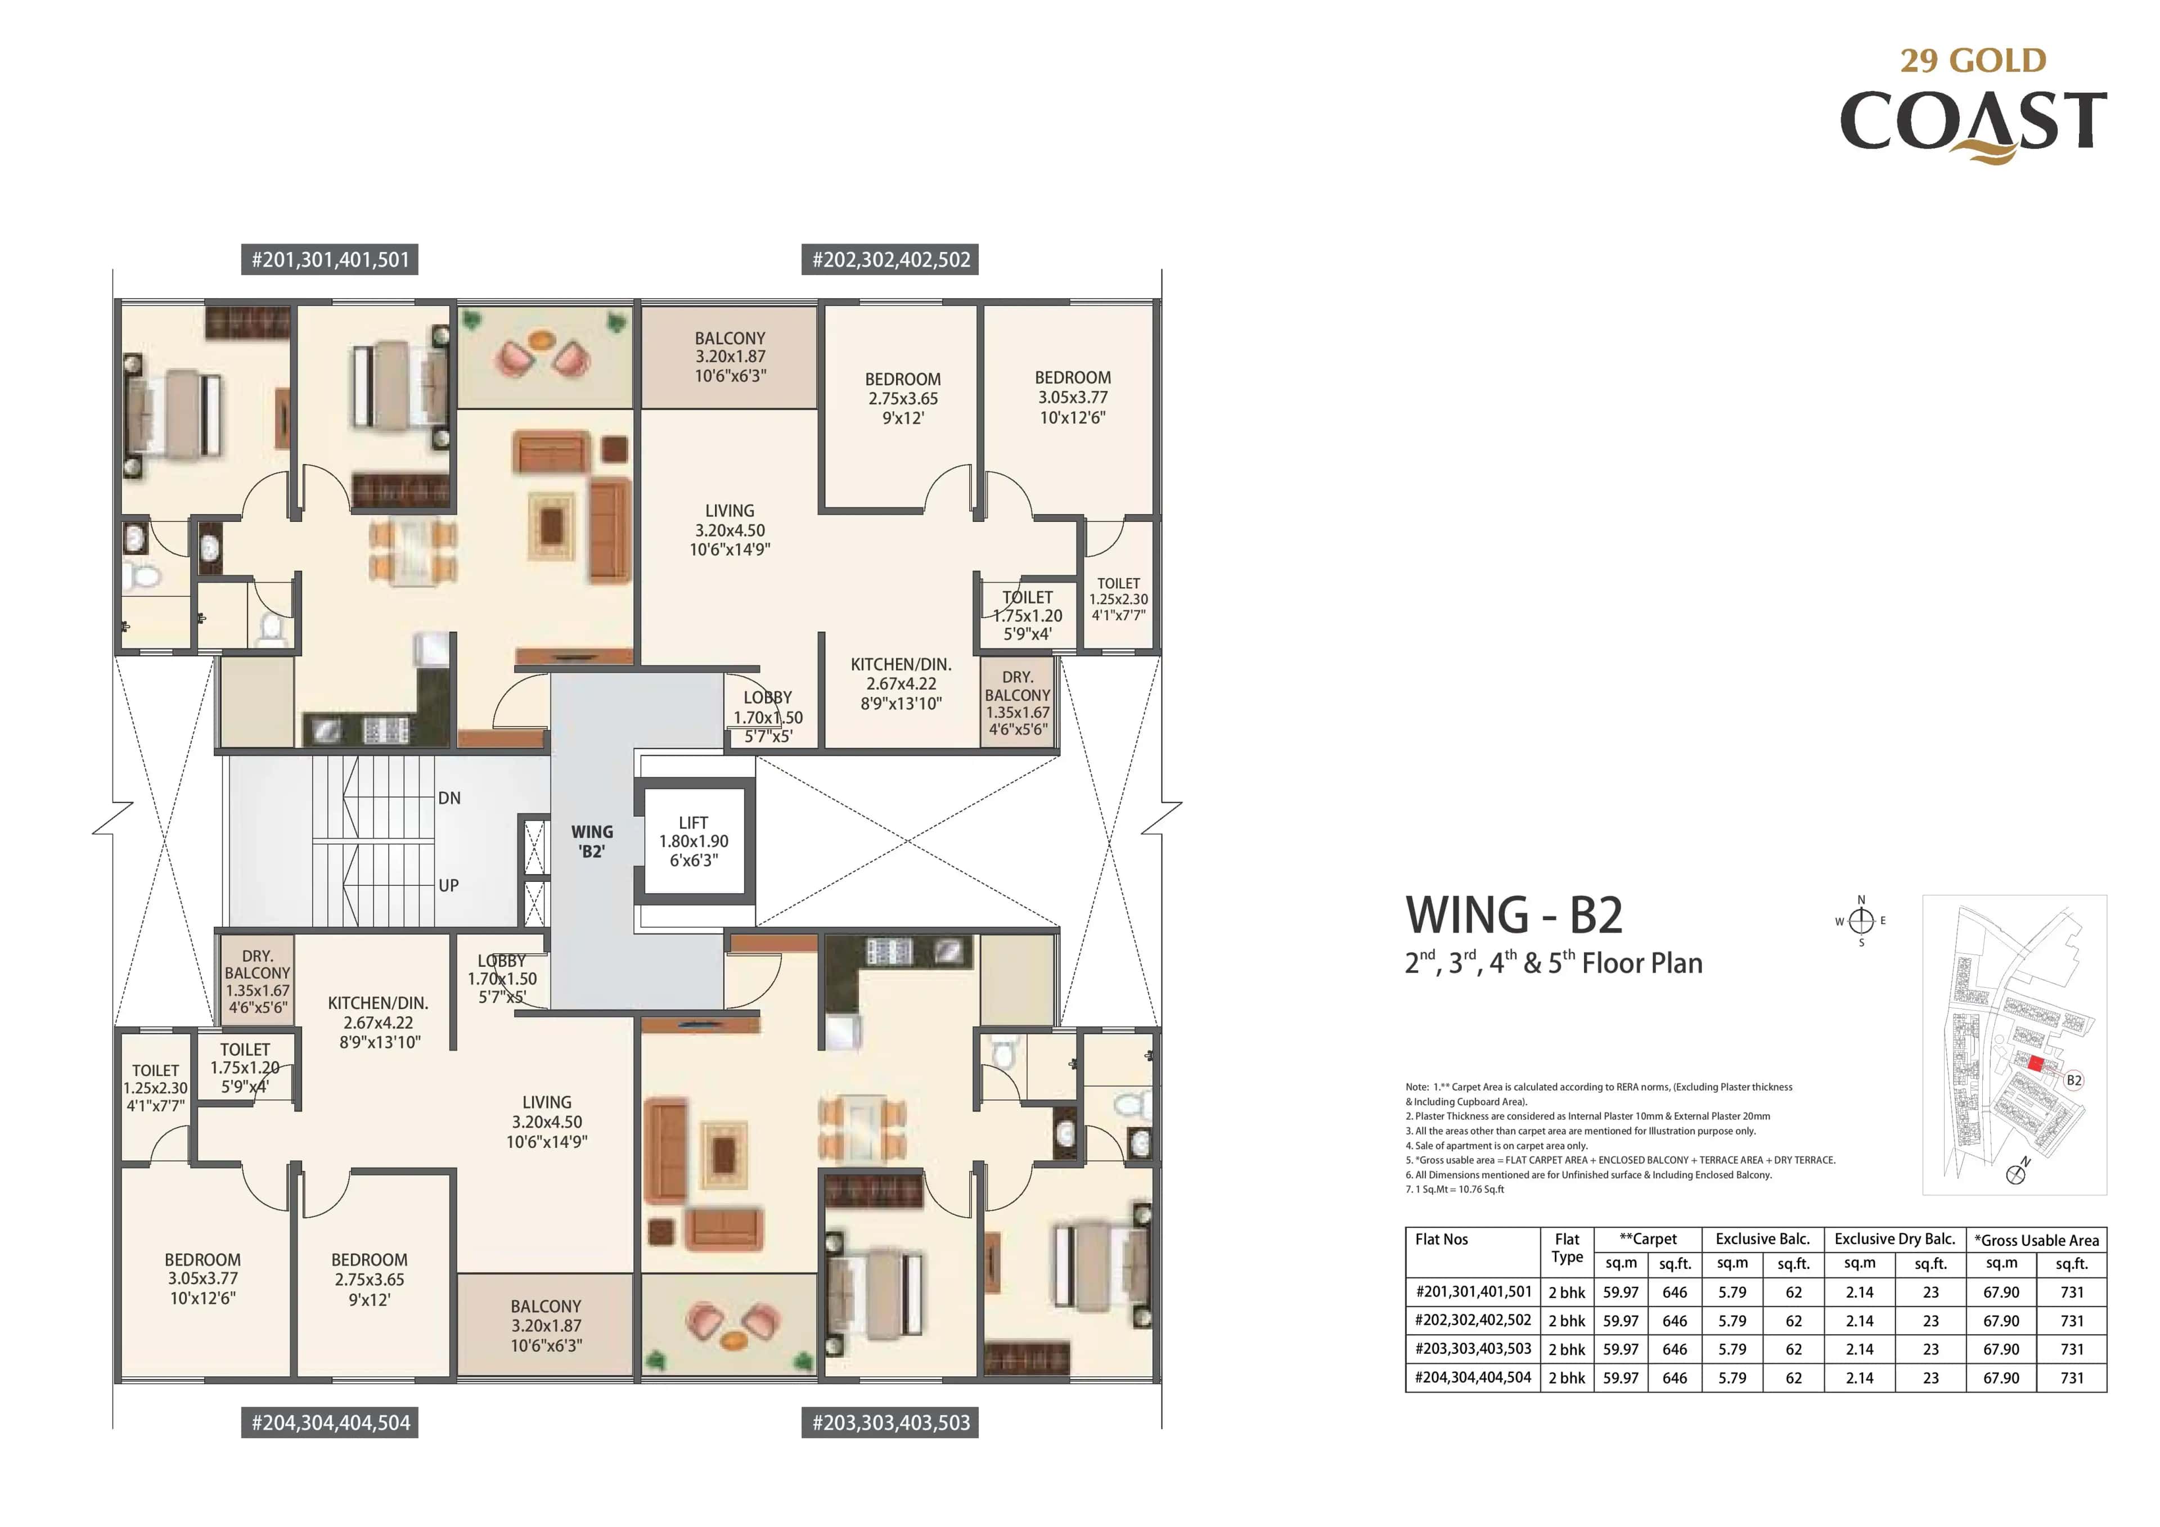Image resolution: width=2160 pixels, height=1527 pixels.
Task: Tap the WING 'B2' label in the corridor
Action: [x=592, y=841]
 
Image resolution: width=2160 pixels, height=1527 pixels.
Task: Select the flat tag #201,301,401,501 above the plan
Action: [x=330, y=260]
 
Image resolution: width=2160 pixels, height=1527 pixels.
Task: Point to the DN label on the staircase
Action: [x=449, y=798]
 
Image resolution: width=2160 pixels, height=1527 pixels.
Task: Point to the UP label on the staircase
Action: [x=449, y=885]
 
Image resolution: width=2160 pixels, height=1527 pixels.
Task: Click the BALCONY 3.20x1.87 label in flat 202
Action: [x=730, y=357]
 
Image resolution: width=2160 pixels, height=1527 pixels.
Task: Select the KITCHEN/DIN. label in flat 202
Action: [x=901, y=664]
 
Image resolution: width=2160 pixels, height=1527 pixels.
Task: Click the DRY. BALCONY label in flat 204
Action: [x=257, y=965]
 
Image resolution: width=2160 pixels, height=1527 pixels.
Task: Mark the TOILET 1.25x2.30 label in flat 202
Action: [x=1118, y=598]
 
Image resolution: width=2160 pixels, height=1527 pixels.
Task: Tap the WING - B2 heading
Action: [x=1514, y=916]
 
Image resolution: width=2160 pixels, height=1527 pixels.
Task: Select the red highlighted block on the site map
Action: [x=2035, y=1064]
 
